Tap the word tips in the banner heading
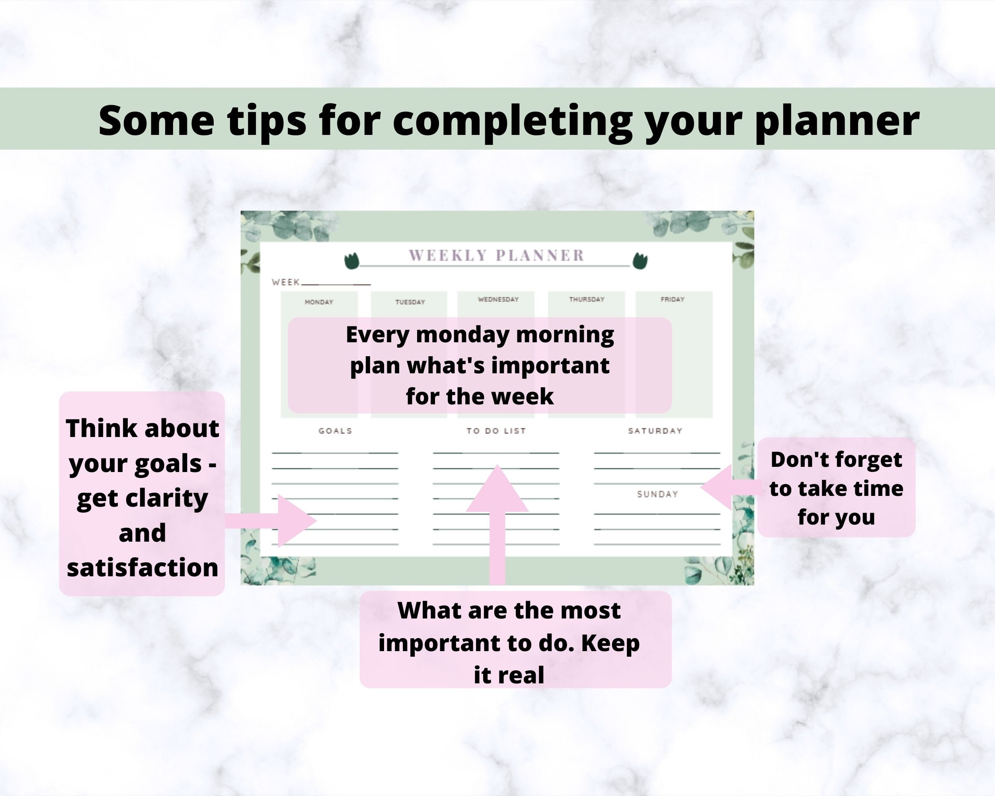pos(267,121)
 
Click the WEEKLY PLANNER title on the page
pos(497,255)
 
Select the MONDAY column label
pos(318,302)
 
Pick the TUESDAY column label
pos(410,302)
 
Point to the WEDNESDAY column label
pos(498,299)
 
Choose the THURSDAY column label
pos(586,299)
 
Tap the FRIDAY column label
pos(672,299)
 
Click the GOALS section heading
pos(335,431)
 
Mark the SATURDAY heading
pos(655,431)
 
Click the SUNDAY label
pos(657,494)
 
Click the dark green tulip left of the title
pos(352,261)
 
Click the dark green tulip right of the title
pos(640,261)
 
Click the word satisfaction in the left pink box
pos(142,568)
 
